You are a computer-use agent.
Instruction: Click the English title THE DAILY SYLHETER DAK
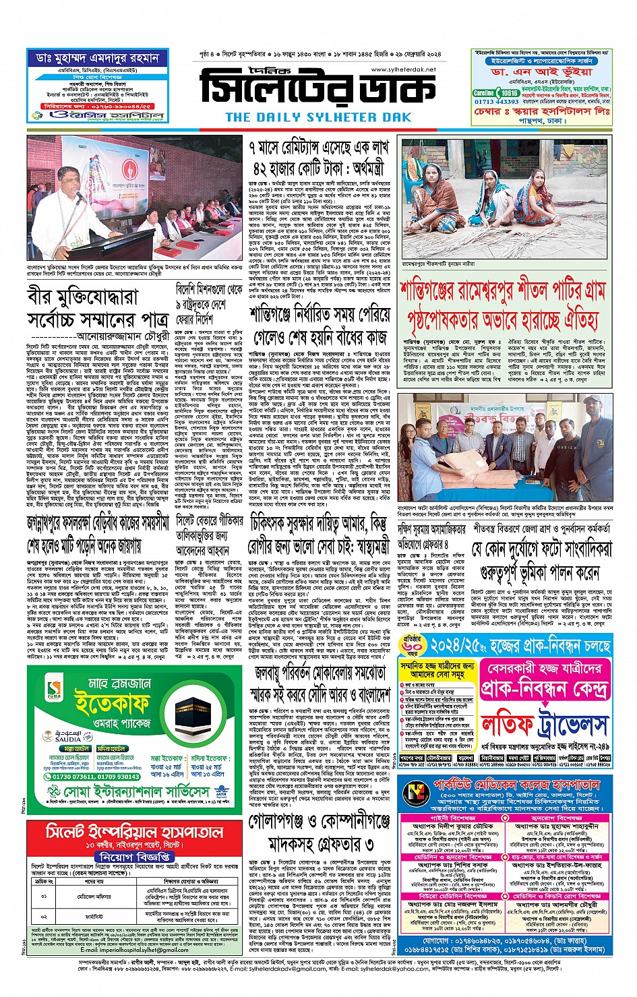318,117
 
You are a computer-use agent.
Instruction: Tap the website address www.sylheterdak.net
403,69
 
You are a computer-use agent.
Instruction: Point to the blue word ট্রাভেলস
574,725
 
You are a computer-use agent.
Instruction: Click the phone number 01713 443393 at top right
497,102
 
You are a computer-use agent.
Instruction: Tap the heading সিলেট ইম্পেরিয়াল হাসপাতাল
133,831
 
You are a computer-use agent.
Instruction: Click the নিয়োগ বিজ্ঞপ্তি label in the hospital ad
134,856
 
